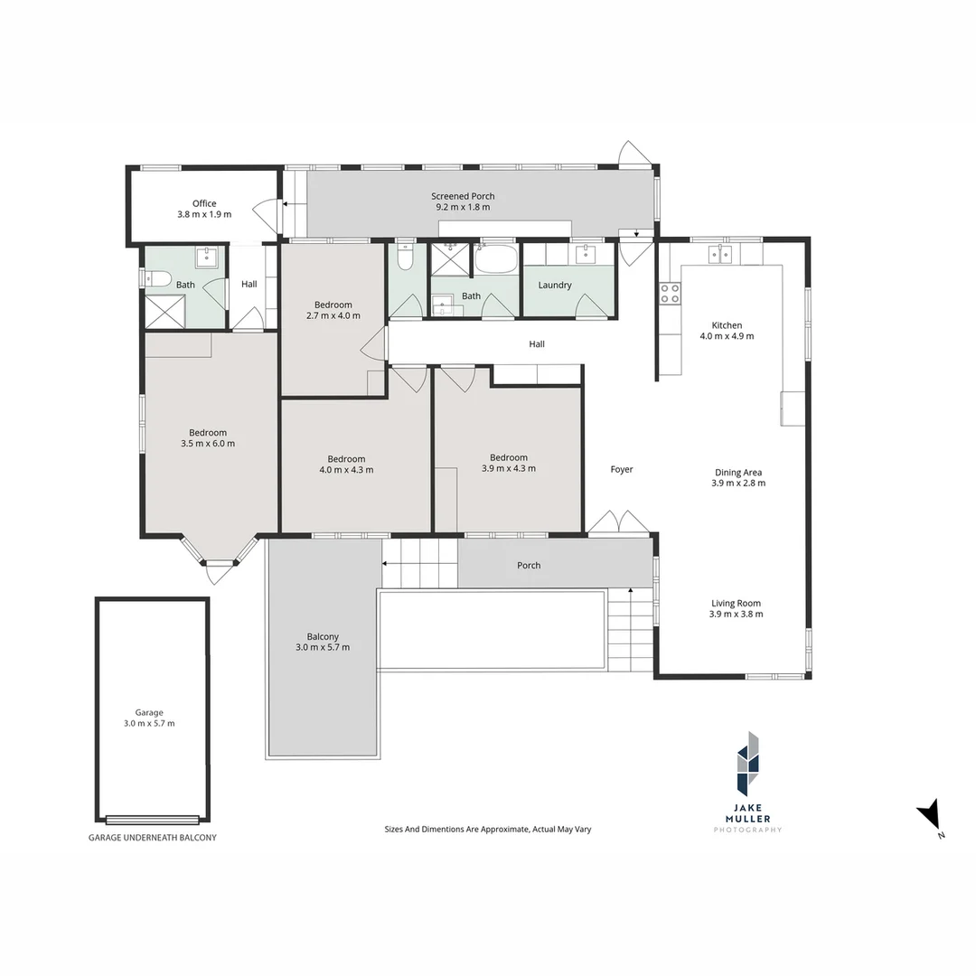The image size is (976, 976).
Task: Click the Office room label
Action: coord(204,203)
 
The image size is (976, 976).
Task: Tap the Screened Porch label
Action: coord(463,196)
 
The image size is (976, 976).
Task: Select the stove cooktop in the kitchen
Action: coord(670,293)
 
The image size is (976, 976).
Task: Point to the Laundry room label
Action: coord(554,285)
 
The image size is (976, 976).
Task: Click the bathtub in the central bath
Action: coord(495,260)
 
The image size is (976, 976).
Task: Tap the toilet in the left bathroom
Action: coord(159,278)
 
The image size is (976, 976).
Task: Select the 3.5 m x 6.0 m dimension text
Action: coord(208,444)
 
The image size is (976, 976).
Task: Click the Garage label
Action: coord(150,712)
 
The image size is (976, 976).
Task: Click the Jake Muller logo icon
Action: coord(747,763)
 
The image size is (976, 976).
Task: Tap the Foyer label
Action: coord(622,469)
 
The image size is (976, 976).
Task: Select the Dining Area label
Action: coord(738,472)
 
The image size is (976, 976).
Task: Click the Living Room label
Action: coord(736,603)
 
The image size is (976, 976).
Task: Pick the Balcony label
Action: coord(323,636)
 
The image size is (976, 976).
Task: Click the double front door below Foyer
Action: coord(618,523)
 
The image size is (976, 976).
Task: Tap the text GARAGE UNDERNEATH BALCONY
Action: coord(152,838)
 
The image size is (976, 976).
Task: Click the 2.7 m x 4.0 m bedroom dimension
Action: coord(333,316)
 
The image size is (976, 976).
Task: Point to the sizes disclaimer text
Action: coord(487,829)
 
